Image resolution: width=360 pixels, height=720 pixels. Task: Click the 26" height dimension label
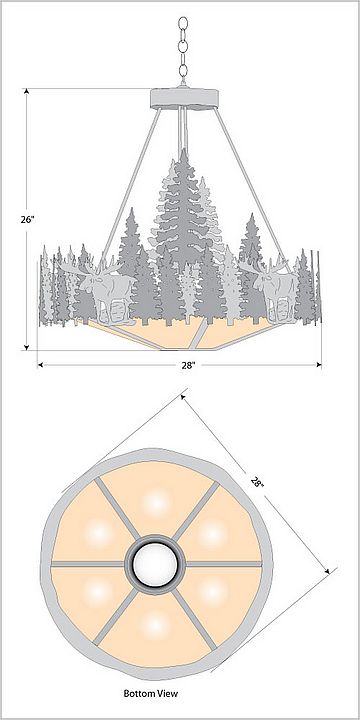click(x=27, y=219)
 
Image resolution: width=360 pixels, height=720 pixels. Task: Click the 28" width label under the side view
click(x=187, y=366)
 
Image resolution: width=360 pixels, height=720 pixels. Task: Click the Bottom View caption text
click(x=150, y=693)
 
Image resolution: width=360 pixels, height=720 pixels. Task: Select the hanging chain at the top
click(x=183, y=51)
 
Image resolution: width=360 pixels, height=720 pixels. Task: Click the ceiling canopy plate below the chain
click(x=185, y=98)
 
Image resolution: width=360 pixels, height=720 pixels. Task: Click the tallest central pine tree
click(x=183, y=216)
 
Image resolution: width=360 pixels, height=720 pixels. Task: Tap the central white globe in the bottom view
click(x=155, y=562)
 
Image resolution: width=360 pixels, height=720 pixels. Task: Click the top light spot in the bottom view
click(x=156, y=503)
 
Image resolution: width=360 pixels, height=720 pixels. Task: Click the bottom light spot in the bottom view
click(x=156, y=624)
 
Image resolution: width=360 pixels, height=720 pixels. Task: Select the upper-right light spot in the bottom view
click(x=212, y=534)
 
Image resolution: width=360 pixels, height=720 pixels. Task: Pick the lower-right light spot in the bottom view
click(x=212, y=592)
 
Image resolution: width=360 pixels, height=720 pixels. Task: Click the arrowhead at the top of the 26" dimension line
click(x=27, y=91)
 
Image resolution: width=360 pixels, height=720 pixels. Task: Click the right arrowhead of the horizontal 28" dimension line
click(x=318, y=365)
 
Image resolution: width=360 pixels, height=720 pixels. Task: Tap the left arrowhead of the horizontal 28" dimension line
click(x=41, y=365)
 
